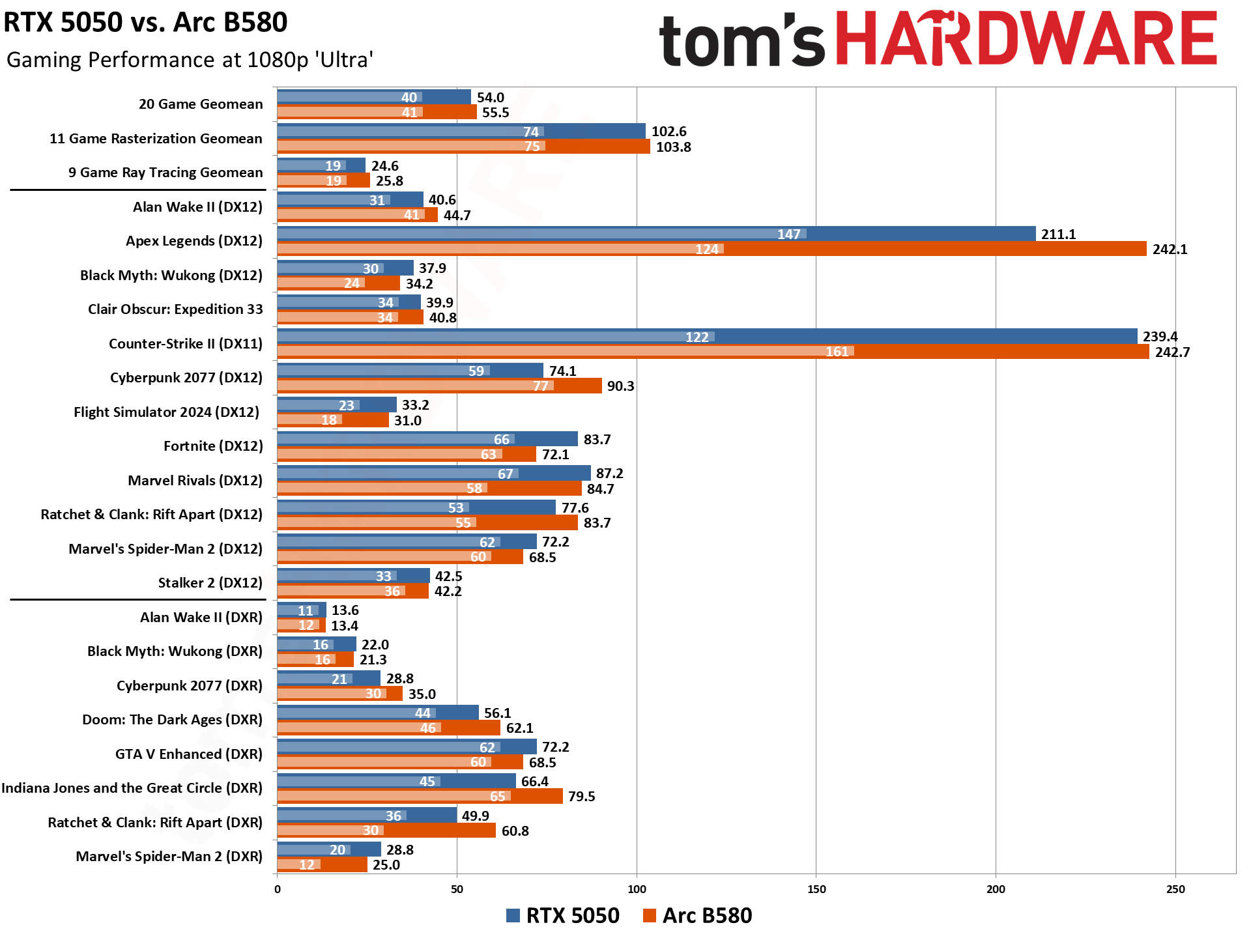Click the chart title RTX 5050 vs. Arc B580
[x=145, y=23]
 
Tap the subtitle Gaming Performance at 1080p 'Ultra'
[x=190, y=60]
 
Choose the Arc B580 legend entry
[x=697, y=915]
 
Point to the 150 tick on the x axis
[x=816, y=889]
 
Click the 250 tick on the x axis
[x=1175, y=889]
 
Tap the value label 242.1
[x=1170, y=249]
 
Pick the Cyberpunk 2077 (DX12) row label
[x=186, y=378]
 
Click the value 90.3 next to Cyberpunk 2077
[x=620, y=386]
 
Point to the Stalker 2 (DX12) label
[x=210, y=583]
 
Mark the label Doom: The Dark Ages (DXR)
[x=172, y=720]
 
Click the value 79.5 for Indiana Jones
[x=581, y=797]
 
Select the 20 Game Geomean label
[x=201, y=104]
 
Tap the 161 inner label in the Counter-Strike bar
[x=837, y=352]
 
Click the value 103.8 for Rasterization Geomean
[x=673, y=147]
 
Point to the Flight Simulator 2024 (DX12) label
[x=166, y=412]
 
